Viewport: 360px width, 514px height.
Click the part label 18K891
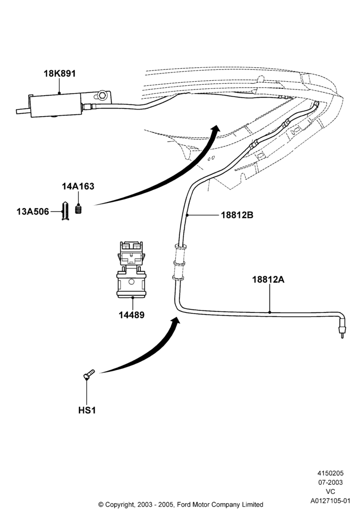coord(60,74)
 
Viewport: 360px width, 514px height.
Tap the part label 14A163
coord(78,186)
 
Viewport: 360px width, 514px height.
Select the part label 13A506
coord(32,211)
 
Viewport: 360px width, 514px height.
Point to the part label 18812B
coord(237,215)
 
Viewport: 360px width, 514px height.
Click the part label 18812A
coord(268,280)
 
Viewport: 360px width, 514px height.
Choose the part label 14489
coord(132,315)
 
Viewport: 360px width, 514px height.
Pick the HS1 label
coord(87,410)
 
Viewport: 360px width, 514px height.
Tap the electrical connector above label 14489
coord(131,269)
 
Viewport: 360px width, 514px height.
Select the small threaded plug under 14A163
coord(78,209)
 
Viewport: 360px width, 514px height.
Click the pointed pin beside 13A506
coord(66,211)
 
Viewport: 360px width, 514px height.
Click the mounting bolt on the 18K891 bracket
coord(102,96)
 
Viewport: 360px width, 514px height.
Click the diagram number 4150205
coord(330,473)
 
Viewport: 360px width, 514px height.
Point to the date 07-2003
coord(331,482)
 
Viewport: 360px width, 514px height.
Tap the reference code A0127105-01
coord(331,501)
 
